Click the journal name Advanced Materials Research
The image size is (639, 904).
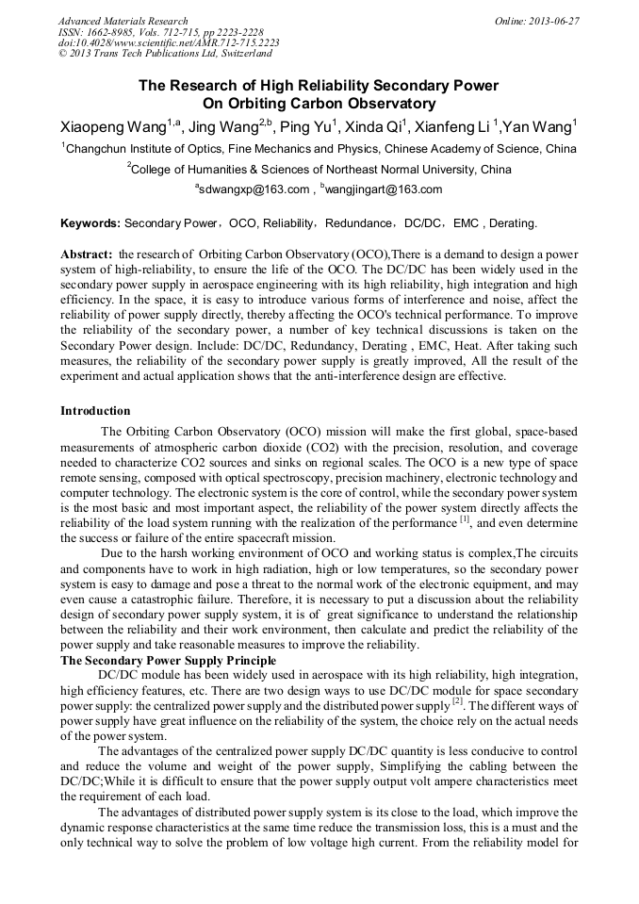pyautogui.click(x=123, y=21)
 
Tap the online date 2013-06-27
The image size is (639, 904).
pyautogui.click(x=550, y=21)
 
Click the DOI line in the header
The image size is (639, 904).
pyautogui.click(x=169, y=43)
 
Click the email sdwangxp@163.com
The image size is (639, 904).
pyautogui.click(x=254, y=189)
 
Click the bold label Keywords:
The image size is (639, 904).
pyautogui.click(x=90, y=223)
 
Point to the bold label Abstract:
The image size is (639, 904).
pyautogui.click(x=88, y=255)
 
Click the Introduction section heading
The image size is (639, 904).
pyautogui.click(x=95, y=411)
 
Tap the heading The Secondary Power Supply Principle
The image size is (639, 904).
pyautogui.click(x=168, y=661)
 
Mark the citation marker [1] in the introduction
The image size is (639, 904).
pyautogui.click(x=464, y=520)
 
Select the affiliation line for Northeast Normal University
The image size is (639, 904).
pyautogui.click(x=319, y=170)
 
